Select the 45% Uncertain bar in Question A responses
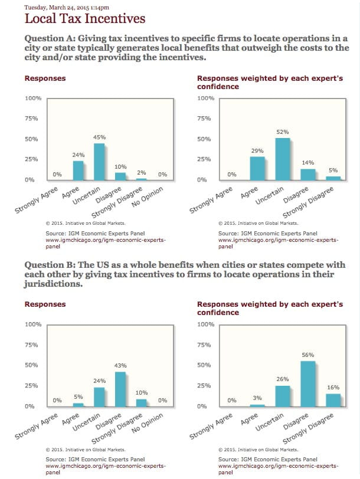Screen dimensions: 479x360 [100, 162]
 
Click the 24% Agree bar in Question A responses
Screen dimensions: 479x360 [78, 170]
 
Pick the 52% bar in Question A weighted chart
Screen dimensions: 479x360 [283, 159]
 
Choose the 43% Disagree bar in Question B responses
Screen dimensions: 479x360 [120, 389]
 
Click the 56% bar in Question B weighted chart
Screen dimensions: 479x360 [308, 383]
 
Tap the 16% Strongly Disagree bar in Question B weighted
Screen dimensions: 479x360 [333, 399]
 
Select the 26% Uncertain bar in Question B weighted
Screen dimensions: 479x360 [283, 395]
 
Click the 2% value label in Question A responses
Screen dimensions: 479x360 [142, 172]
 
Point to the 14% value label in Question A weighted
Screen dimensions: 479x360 [308, 163]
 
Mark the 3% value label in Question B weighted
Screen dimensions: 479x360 [257, 398]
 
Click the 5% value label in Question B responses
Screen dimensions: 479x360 [78, 397]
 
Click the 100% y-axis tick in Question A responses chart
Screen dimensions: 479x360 [32, 98]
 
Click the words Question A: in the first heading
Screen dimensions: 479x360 [48, 38]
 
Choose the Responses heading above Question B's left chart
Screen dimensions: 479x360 [45, 304]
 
